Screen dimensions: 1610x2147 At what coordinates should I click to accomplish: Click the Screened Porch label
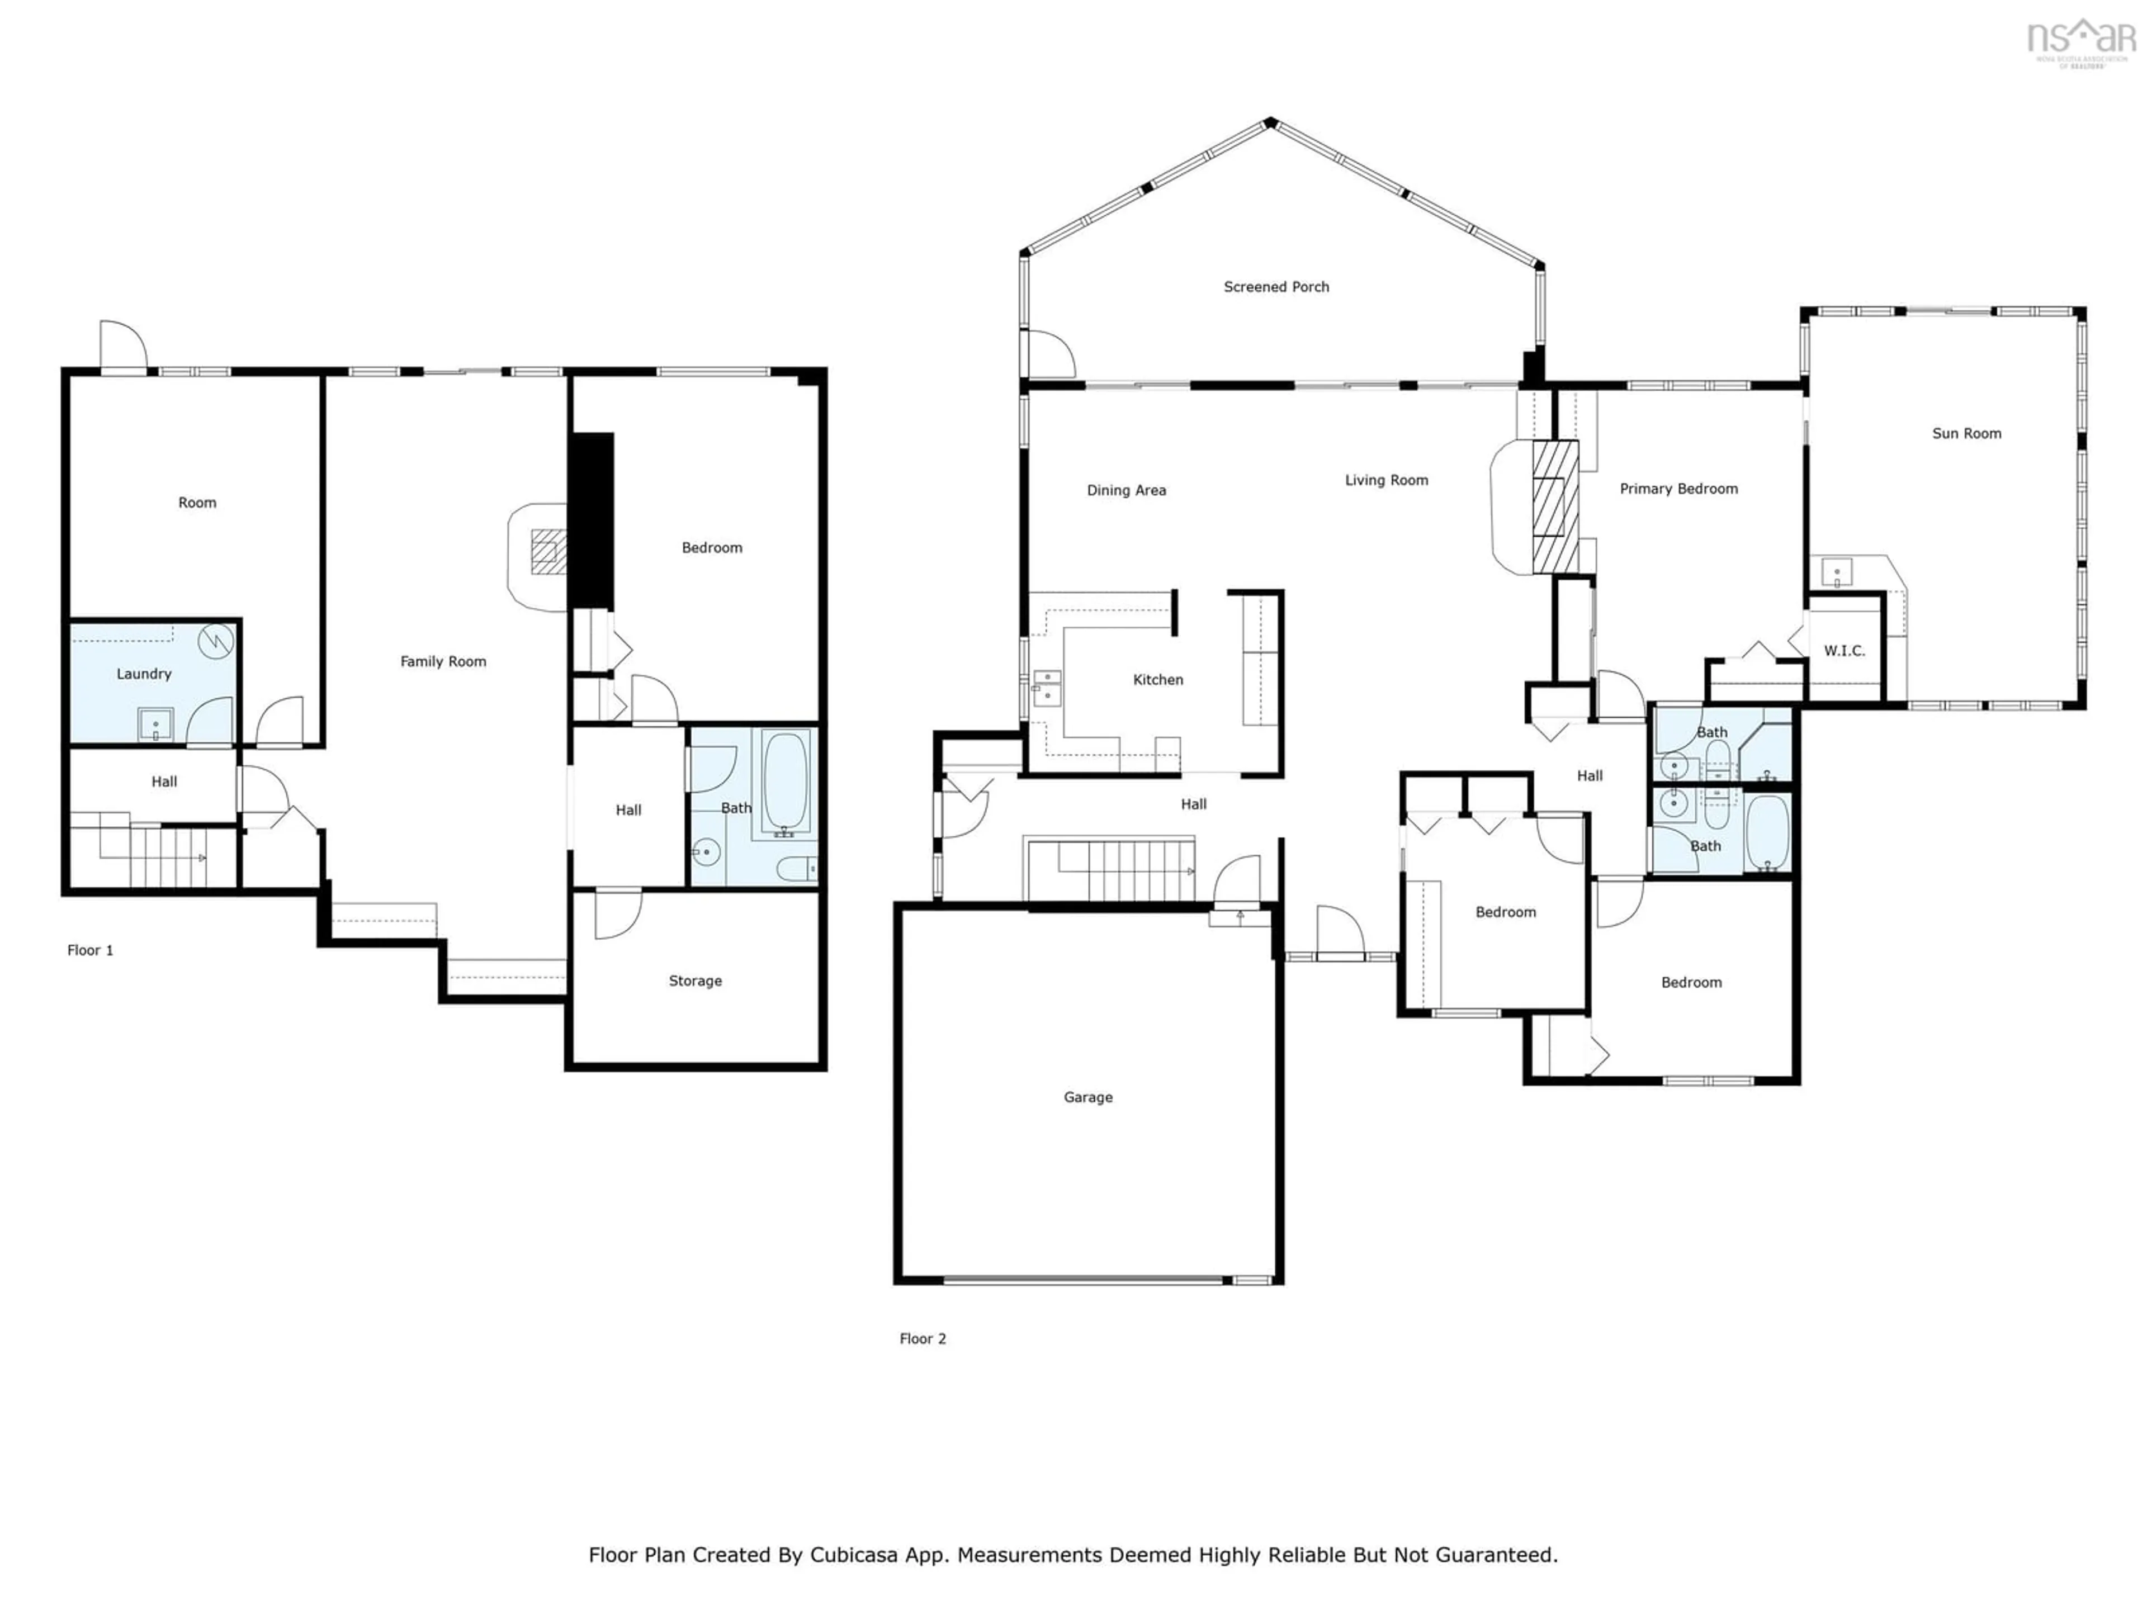click(1275, 286)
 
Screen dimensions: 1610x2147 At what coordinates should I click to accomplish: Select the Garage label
click(1087, 1097)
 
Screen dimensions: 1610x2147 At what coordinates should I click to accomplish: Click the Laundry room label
click(144, 674)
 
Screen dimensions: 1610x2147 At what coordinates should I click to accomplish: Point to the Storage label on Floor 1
click(695, 980)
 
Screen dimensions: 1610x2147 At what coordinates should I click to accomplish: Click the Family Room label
click(443, 661)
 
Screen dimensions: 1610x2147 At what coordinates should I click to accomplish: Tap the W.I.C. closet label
click(1843, 650)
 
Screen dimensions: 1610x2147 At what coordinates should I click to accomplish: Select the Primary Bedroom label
click(1678, 488)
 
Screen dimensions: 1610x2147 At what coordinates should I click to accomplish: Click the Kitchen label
click(1158, 679)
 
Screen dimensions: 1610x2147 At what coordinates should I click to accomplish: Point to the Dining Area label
click(1126, 490)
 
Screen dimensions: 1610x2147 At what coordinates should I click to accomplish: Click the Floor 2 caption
click(922, 1338)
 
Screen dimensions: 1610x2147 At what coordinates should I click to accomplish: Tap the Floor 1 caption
click(90, 950)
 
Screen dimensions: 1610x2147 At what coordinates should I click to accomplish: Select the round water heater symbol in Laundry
click(215, 641)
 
